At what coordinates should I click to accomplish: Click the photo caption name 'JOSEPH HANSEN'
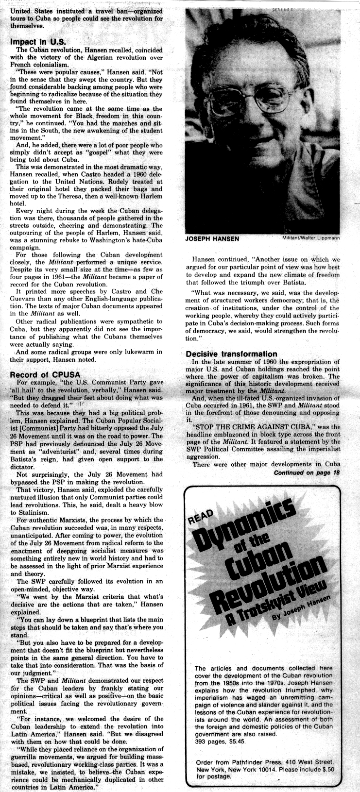point(211,238)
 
